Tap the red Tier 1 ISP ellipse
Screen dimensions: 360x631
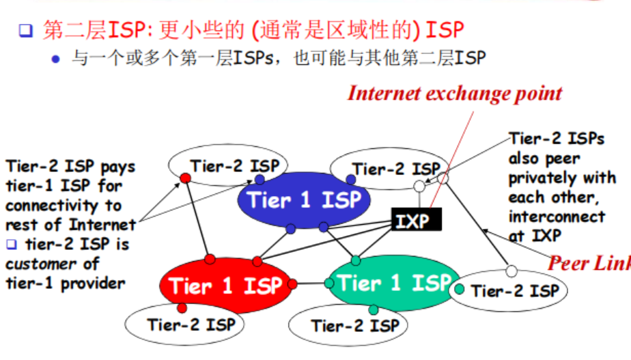point(226,285)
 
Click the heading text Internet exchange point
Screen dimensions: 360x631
point(455,94)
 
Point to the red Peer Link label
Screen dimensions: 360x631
point(590,263)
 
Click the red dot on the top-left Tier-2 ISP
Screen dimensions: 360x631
point(184,178)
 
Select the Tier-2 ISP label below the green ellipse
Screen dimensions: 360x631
point(355,325)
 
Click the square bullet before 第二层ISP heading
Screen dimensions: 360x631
point(25,30)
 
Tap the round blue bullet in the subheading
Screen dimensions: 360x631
point(56,59)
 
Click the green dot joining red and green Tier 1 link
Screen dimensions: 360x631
point(329,283)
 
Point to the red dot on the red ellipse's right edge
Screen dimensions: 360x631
point(292,283)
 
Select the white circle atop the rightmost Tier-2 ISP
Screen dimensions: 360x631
point(511,271)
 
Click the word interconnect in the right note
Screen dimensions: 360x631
point(557,217)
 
